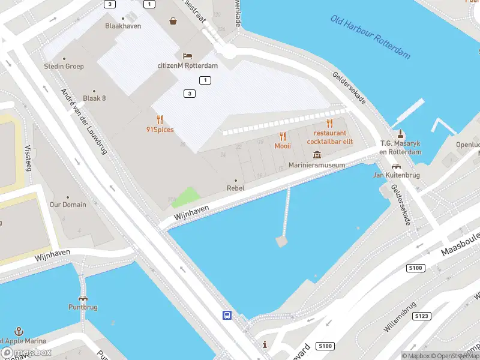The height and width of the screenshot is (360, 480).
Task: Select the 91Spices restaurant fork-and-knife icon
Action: (160, 119)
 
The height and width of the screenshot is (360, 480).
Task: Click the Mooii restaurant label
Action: (283, 146)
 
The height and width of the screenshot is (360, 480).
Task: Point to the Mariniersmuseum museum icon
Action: (317, 155)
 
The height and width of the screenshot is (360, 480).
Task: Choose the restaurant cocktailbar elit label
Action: (329, 137)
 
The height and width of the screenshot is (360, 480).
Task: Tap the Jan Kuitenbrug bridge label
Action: (395, 175)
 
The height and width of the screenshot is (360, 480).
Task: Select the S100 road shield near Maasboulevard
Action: (416, 268)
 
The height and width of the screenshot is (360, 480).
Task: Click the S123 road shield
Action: (422, 316)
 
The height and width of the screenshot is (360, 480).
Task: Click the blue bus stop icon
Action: (227, 315)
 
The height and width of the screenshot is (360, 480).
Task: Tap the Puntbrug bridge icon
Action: (82, 298)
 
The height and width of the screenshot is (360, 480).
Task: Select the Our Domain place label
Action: (67, 205)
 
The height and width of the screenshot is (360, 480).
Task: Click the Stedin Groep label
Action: (64, 66)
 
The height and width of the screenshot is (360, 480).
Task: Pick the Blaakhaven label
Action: (122, 26)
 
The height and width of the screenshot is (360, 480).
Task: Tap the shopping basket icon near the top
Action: (173, 21)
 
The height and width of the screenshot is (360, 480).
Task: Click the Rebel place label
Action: (235, 188)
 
